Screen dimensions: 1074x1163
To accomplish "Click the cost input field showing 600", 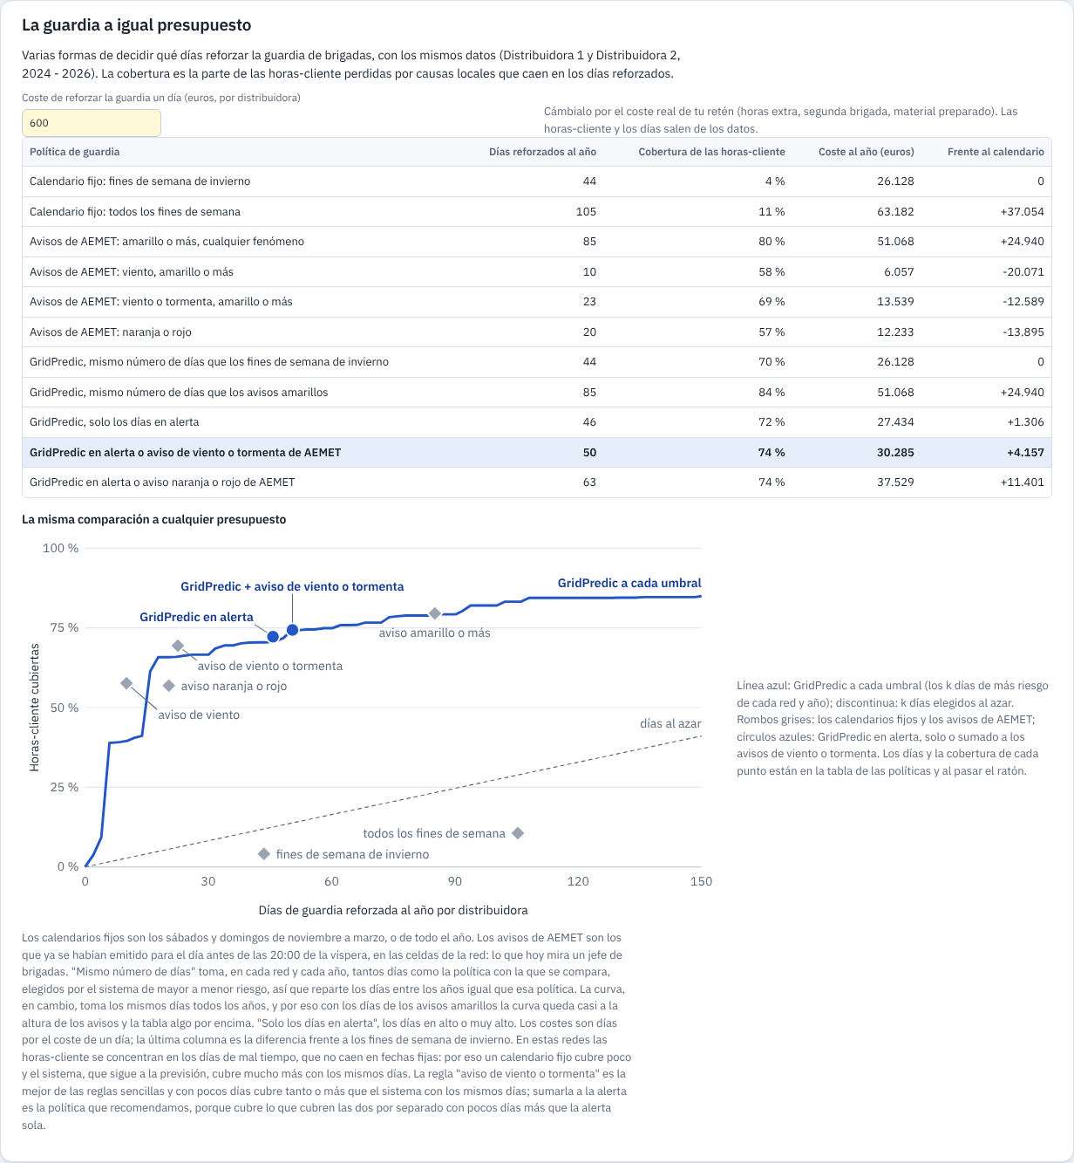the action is click(x=92, y=123).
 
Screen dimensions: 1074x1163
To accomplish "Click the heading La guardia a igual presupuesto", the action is click(x=136, y=25).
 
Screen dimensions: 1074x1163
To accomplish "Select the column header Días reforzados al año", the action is click(x=542, y=152).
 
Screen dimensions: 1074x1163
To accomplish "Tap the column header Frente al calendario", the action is click(x=996, y=152).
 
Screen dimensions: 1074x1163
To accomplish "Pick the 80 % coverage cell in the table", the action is click(x=772, y=242).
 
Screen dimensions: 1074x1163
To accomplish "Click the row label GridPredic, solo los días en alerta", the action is click(x=114, y=421).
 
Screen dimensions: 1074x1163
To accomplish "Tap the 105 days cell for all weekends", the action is click(x=586, y=211).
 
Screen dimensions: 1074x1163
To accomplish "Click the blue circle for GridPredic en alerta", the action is click(x=273, y=637).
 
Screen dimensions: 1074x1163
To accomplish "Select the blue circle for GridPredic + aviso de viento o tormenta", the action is click(x=293, y=630).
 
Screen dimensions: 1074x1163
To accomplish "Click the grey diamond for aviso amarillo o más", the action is click(x=435, y=613).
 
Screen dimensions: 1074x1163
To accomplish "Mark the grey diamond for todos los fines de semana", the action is click(x=518, y=832).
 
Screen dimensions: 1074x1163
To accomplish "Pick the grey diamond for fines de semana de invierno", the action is click(x=264, y=854).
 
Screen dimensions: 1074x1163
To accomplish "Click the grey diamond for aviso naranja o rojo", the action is click(x=168, y=685).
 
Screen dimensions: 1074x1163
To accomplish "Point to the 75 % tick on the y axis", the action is click(x=65, y=628).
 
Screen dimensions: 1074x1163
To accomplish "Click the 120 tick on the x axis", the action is click(x=578, y=881).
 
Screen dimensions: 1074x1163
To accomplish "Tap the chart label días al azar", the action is click(x=670, y=723).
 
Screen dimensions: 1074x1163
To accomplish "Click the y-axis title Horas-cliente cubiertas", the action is click(x=35, y=708).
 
